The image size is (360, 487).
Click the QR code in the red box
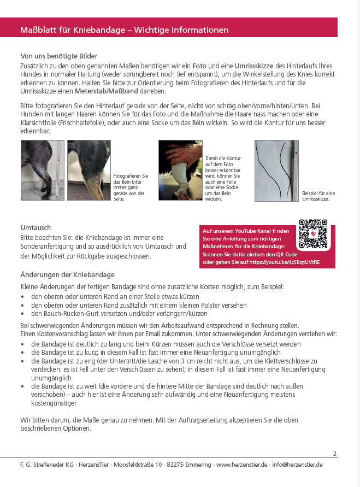(313, 234)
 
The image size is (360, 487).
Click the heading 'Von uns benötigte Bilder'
(59, 56)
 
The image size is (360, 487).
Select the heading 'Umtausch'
(36, 227)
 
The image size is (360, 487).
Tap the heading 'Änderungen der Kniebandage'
(67, 275)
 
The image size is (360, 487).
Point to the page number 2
(335, 454)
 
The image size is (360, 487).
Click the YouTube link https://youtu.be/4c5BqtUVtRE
(284, 262)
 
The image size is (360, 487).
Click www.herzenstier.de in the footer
(241, 465)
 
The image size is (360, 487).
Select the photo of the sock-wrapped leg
(180, 171)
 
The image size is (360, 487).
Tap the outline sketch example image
(276, 171)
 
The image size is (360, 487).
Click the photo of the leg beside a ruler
(43, 171)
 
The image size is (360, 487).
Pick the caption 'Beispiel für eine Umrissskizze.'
(319, 196)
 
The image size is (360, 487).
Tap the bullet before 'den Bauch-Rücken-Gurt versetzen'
(22, 314)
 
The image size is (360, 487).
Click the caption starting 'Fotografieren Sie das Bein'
(130, 187)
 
